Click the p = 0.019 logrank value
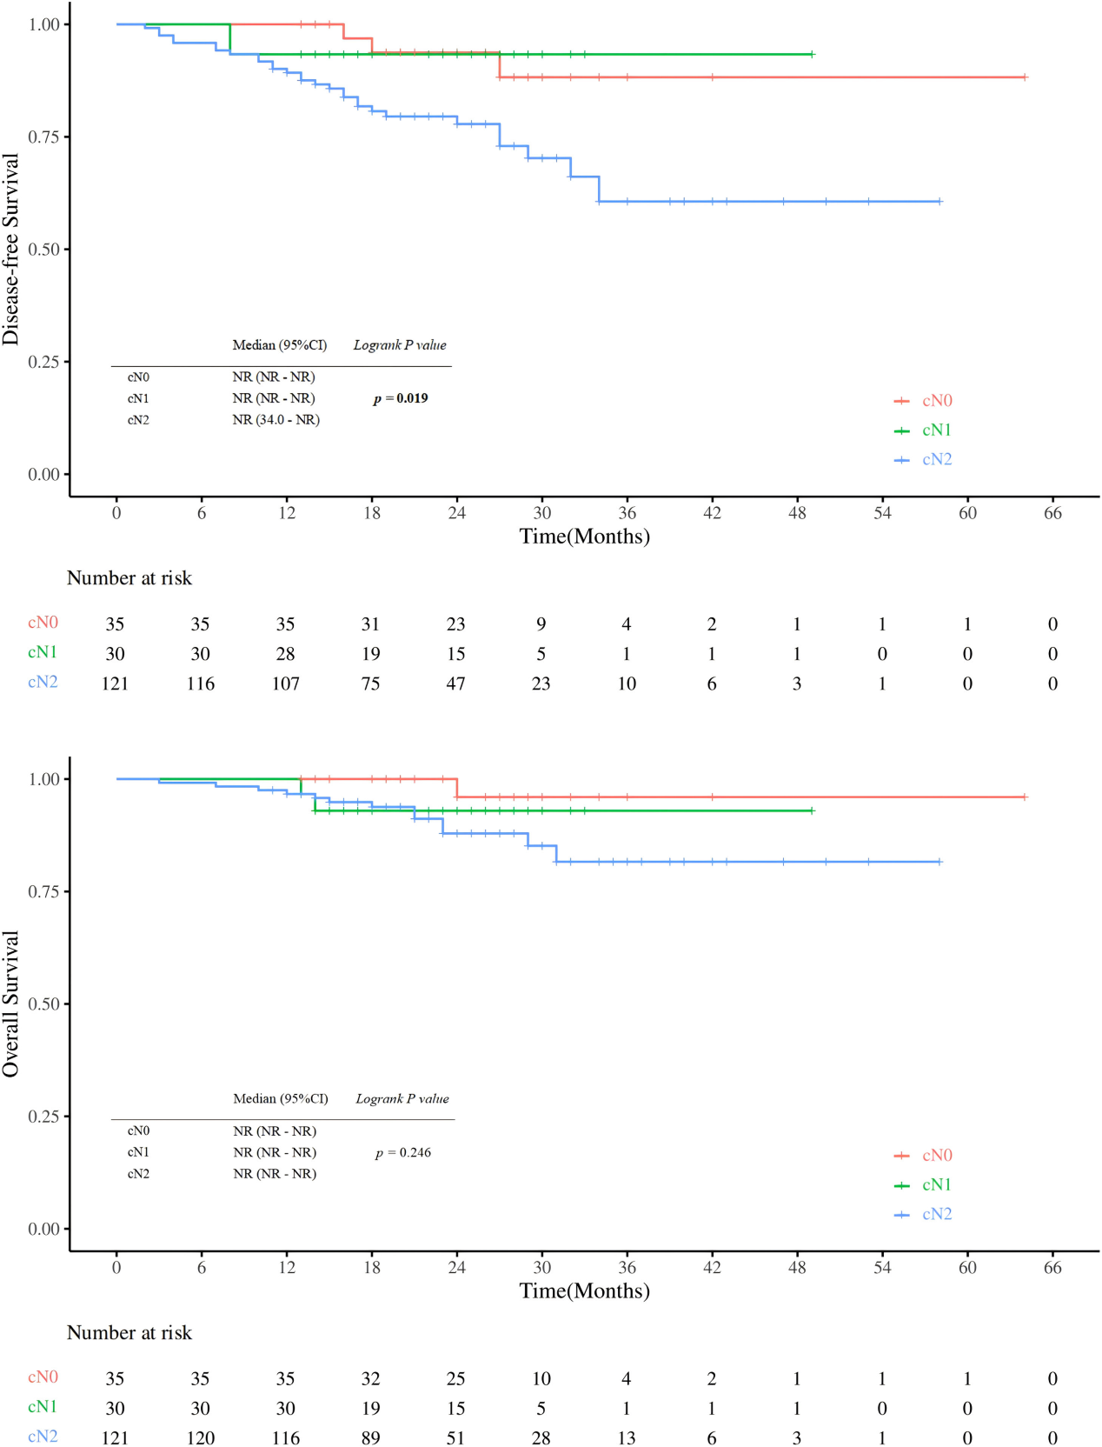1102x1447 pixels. [401, 398]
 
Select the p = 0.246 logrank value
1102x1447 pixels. [403, 1152]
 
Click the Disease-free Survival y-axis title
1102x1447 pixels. [10, 250]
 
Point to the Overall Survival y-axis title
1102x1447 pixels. [10, 1004]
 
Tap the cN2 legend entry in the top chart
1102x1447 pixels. [936, 459]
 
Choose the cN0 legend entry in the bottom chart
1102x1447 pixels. [936, 1155]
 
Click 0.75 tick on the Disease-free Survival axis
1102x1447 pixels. [44, 137]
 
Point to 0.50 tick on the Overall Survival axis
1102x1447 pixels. [44, 1004]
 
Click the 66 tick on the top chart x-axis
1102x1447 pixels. [1052, 513]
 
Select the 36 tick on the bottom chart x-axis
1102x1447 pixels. [627, 1267]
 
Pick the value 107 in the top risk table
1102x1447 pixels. [285, 683]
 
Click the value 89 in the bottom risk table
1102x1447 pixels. [370, 1437]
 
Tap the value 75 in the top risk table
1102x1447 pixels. [370, 683]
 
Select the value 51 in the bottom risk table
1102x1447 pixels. [455, 1437]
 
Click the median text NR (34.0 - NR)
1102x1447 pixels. [275, 420]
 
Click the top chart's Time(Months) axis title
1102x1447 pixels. [584, 537]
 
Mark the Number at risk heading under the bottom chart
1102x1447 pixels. [129, 1332]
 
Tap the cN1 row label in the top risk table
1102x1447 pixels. [43, 653]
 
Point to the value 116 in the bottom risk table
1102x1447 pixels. [285, 1437]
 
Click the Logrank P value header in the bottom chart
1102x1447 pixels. [402, 1099]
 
